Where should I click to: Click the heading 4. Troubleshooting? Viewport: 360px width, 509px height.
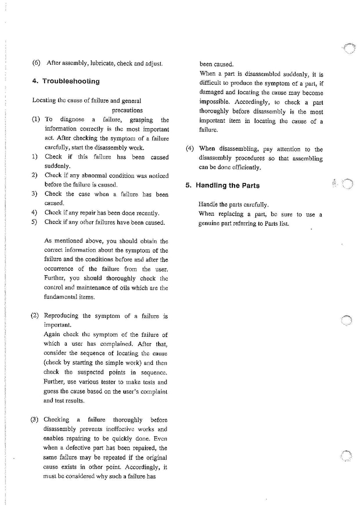tap(66, 81)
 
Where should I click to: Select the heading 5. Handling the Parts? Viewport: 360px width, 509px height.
tap(223, 185)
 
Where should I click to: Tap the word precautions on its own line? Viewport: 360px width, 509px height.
tap(127, 110)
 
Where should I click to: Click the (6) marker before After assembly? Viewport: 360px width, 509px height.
tap(36, 63)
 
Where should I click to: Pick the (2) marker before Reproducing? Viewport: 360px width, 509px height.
tap(35, 315)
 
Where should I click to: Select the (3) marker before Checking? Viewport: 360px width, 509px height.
tap(34, 419)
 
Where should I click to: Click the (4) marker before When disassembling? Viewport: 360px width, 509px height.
tap(190, 148)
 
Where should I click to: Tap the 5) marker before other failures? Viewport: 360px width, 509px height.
tap(34, 222)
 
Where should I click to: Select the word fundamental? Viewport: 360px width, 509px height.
tap(61, 297)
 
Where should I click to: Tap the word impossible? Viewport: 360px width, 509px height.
tap(214, 102)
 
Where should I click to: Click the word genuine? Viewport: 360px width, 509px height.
tap(209, 224)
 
